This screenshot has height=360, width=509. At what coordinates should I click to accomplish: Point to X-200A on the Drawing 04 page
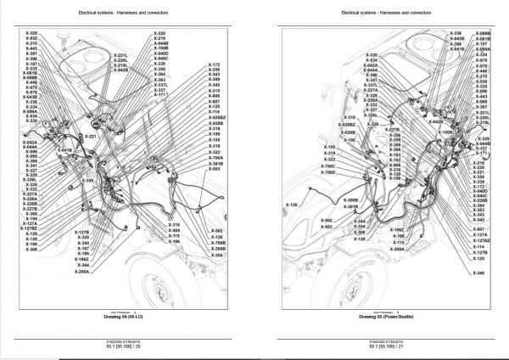tap(81, 272)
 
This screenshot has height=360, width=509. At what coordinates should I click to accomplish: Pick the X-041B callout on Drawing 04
tap(64, 150)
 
